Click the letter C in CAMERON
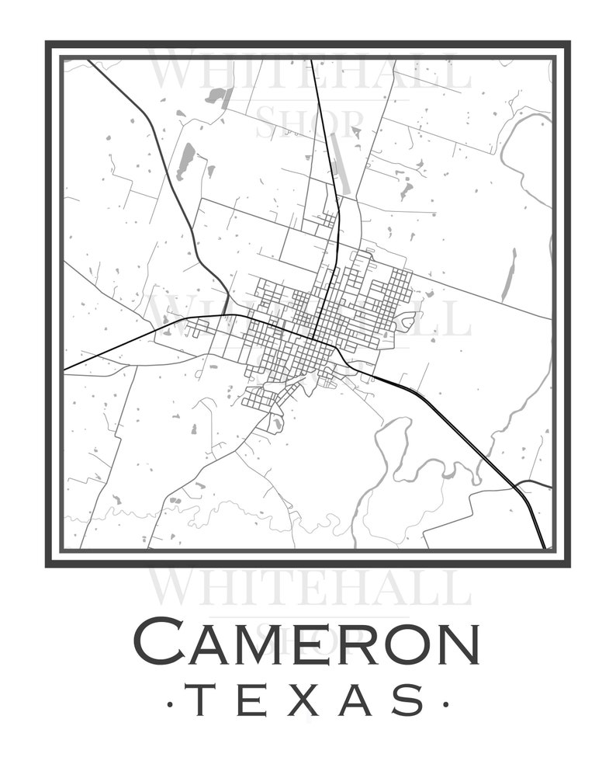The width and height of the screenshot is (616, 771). click(x=161, y=642)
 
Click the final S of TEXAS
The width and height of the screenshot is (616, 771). click(x=409, y=700)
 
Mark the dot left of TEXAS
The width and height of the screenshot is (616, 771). click(x=170, y=704)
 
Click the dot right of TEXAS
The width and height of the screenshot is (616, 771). click(x=445, y=704)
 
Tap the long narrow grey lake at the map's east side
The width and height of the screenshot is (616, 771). click(x=509, y=275)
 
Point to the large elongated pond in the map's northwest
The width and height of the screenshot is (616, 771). click(x=186, y=161)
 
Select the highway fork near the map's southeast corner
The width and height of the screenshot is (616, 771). click(x=516, y=486)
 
